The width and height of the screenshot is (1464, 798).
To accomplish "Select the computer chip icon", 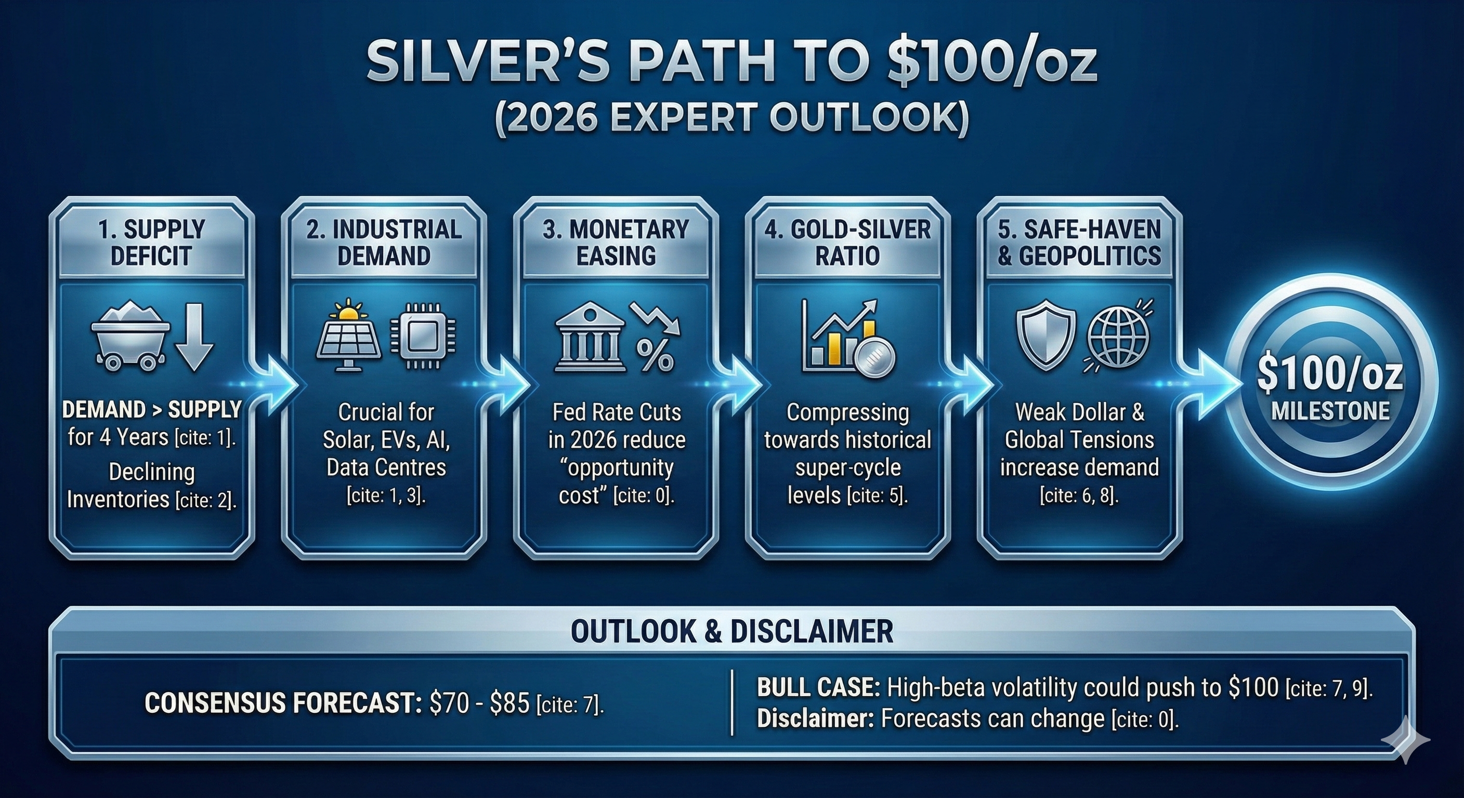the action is coord(423,338).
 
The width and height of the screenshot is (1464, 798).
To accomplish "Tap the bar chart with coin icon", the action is coord(848,337).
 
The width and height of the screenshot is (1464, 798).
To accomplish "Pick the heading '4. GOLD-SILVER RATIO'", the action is coord(847,243).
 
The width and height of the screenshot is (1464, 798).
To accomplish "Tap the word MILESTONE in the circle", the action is coord(1330,410).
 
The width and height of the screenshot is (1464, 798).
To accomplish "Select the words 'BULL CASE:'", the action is coord(819,688).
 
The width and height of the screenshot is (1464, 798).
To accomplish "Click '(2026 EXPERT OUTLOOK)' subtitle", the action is coord(732,118).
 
